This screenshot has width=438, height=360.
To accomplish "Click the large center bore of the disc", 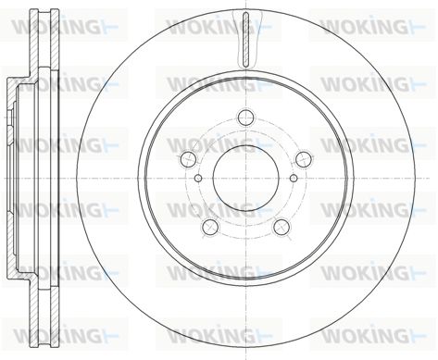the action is coord(245,179).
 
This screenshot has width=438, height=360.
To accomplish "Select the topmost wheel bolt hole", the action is coord(245,118).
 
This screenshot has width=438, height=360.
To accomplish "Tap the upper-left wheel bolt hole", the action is coord(188,159).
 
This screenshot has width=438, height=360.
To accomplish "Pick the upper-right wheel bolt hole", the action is coord(304,159).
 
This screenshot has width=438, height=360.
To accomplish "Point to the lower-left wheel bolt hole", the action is coord(210,227).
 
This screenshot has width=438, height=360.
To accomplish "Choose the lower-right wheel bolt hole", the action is coord(282,227).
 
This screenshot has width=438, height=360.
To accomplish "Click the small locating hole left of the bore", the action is coord(199,178).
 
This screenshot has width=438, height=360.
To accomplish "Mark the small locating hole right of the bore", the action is coord(294,178).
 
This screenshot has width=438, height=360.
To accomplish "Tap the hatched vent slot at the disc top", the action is coord(245,40).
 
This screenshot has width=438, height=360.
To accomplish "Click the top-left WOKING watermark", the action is coord(65,27).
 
